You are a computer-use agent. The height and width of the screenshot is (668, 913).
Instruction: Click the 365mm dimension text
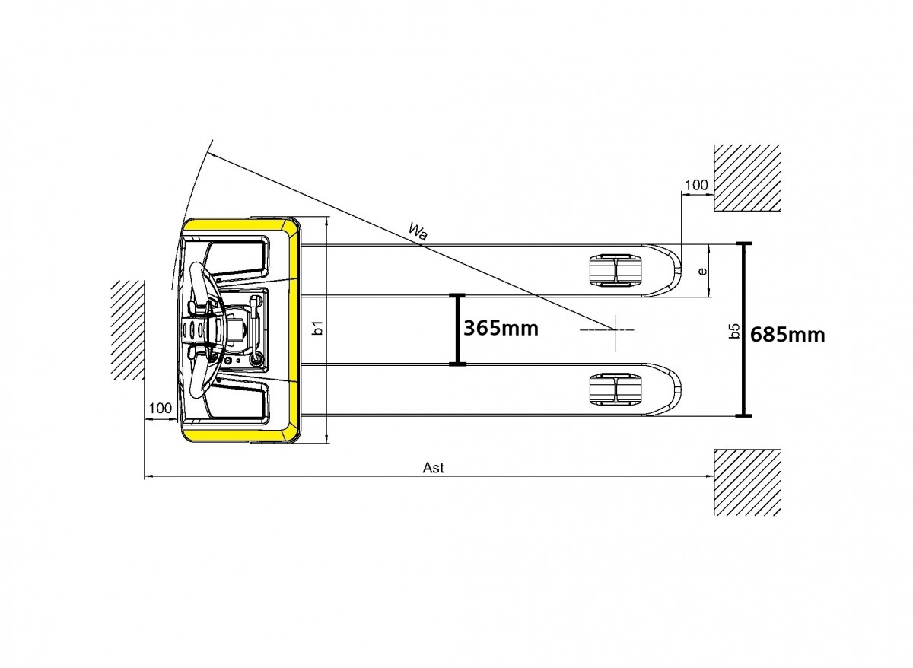[501, 329]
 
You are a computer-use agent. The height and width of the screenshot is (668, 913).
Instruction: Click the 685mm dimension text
[787, 335]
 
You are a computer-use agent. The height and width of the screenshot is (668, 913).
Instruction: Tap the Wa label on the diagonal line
[418, 232]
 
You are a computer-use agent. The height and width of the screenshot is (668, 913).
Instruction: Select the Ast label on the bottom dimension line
[433, 467]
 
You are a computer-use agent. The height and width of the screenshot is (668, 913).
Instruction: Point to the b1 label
[319, 328]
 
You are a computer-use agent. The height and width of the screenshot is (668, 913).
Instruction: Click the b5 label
[734, 331]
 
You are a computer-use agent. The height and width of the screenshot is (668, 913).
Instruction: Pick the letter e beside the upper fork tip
[702, 271]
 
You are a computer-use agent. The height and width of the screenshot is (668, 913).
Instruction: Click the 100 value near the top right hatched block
[696, 185]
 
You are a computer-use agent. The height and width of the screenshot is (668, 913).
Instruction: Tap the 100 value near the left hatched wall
[161, 408]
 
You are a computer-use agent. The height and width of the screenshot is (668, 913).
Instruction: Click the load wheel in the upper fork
[615, 270]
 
